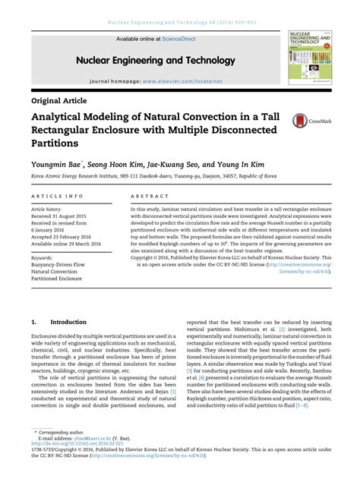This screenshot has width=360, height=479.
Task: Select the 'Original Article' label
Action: [x=59, y=99]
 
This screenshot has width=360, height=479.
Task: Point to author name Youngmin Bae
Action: [x=57, y=162]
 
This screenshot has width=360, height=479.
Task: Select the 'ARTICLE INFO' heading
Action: [x=52, y=195]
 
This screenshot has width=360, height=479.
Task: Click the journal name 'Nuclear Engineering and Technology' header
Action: [x=156, y=60]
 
